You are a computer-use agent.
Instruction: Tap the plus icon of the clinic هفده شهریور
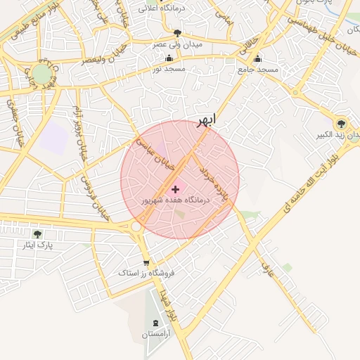coord(175,189)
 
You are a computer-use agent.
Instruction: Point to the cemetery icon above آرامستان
coord(155,323)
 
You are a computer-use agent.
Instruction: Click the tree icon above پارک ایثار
coord(37,234)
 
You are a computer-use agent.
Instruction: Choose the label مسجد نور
coord(169,70)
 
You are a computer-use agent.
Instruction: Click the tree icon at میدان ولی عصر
coord(177,33)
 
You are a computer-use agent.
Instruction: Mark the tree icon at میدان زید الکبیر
coord(342,122)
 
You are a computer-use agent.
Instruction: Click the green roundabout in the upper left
coord(42,74)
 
